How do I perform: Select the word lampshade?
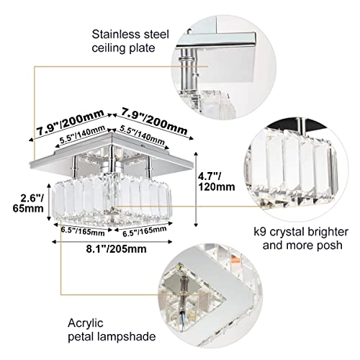pyautogui.click(x=142, y=336)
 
